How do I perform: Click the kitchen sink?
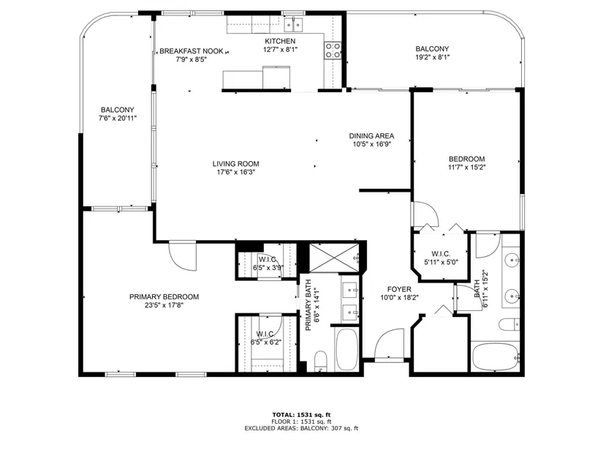(293, 24)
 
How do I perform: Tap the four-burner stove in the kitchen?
(333, 50)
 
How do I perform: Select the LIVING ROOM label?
(236, 164)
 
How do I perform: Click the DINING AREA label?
(371, 135)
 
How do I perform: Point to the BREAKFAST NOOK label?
(191, 50)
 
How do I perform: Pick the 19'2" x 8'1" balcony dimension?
(432, 57)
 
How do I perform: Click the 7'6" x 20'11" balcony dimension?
(118, 118)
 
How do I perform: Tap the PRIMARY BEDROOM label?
(164, 296)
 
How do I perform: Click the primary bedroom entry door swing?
(183, 256)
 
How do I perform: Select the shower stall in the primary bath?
(334, 258)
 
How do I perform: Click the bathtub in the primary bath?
(346, 349)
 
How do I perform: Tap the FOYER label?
(399, 289)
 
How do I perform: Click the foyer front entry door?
(389, 344)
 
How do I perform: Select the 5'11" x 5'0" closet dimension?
(441, 262)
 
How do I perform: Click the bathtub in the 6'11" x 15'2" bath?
(496, 356)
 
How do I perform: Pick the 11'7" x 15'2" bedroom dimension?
(467, 167)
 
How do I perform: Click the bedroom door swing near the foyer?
(425, 214)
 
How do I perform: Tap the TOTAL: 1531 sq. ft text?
(301, 415)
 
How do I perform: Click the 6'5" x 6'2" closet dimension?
(266, 342)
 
